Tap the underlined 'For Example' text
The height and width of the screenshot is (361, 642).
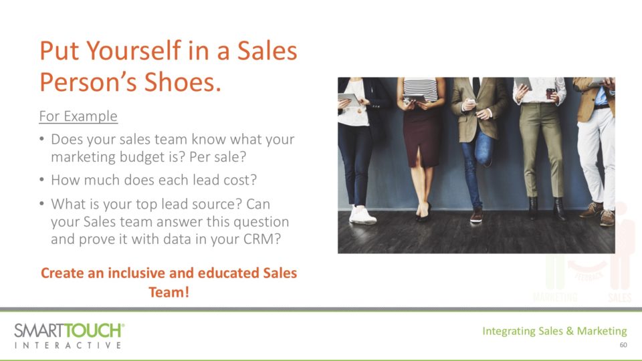point(78,116)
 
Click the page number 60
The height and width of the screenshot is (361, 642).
point(623,345)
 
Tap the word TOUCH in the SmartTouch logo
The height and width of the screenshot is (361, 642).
point(94,330)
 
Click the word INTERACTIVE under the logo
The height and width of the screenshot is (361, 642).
point(68,346)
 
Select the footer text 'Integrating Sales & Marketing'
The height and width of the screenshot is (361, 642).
point(554,331)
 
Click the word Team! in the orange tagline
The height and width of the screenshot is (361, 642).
point(169,292)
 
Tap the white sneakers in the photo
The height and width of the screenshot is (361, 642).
point(362,215)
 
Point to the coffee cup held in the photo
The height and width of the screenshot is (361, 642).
point(550,93)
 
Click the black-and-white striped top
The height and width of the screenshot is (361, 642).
point(421,89)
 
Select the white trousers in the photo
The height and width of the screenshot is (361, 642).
point(597,156)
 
